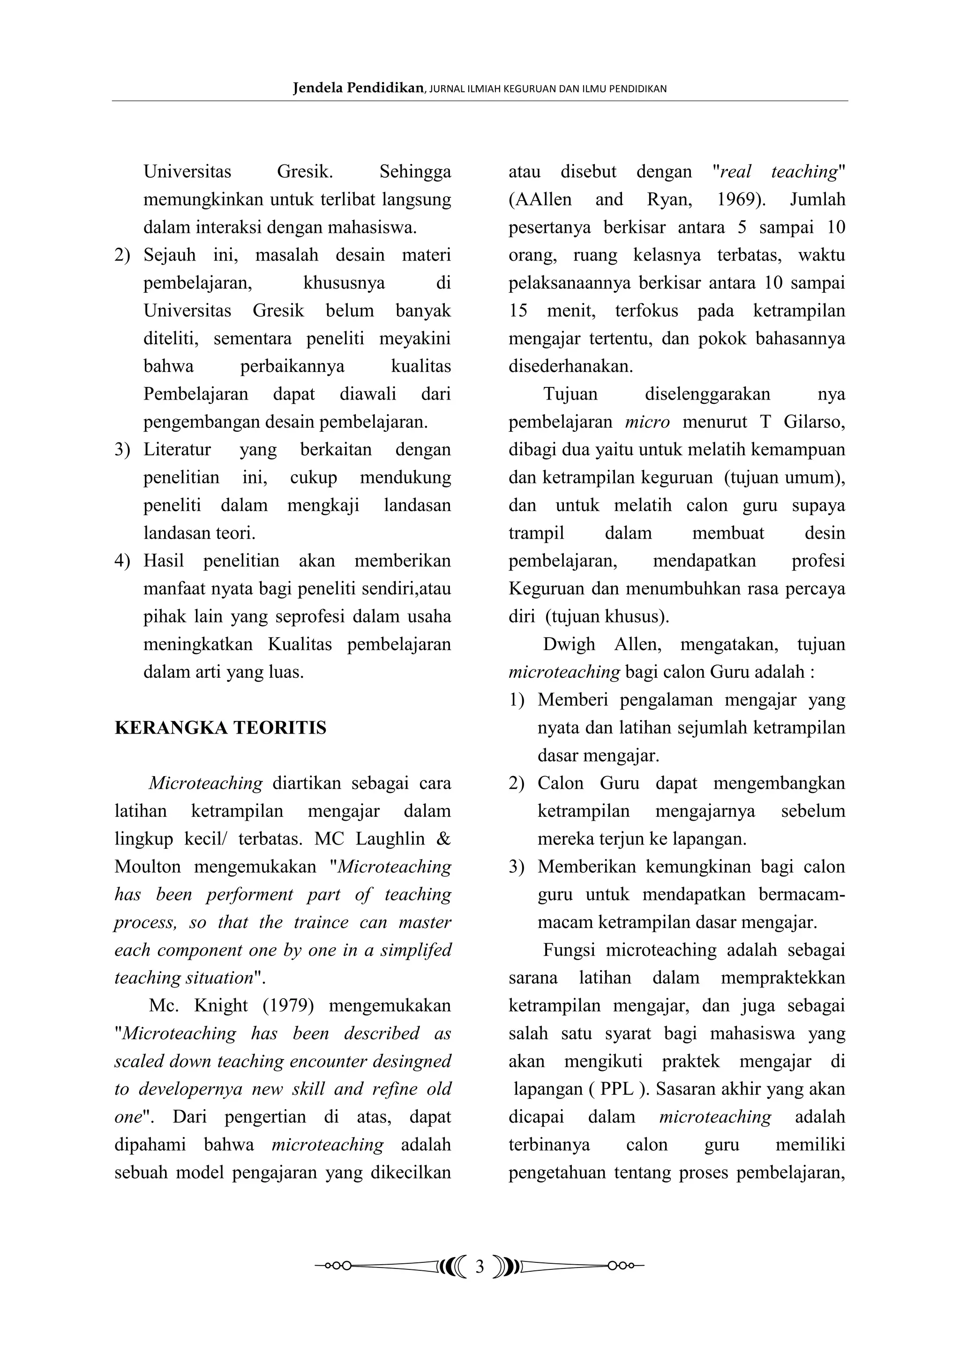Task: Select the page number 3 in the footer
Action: tap(480, 1267)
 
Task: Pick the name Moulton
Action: tap(148, 867)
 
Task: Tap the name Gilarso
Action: tap(814, 422)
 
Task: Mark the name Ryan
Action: tap(668, 200)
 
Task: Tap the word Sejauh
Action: tap(170, 255)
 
